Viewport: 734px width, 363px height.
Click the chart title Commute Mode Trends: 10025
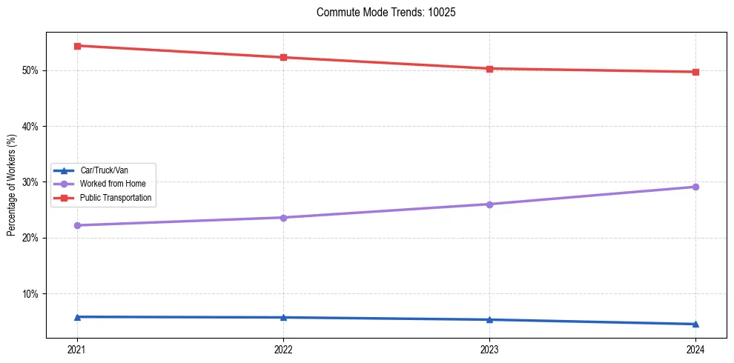[x=380, y=13]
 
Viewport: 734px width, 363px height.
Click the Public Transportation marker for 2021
[x=77, y=46]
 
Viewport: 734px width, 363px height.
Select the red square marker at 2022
[x=283, y=57]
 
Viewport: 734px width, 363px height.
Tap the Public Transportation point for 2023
[x=489, y=69]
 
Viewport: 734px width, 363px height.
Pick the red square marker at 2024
[x=695, y=72]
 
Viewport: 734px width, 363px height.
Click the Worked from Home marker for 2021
[x=77, y=225]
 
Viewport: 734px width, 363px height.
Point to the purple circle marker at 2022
[x=283, y=217]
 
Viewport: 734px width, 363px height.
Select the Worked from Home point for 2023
[x=489, y=204]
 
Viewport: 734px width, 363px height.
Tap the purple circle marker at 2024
[x=695, y=187]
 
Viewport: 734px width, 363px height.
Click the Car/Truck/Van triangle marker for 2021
[x=77, y=317]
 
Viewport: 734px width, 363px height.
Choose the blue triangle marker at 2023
[x=489, y=319]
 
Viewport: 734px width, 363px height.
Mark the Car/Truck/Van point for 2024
[x=695, y=324]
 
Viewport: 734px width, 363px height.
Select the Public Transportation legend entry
[x=116, y=198]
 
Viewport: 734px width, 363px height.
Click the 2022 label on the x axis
[x=283, y=350]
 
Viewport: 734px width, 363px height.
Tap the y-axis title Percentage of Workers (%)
[x=11, y=185]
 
